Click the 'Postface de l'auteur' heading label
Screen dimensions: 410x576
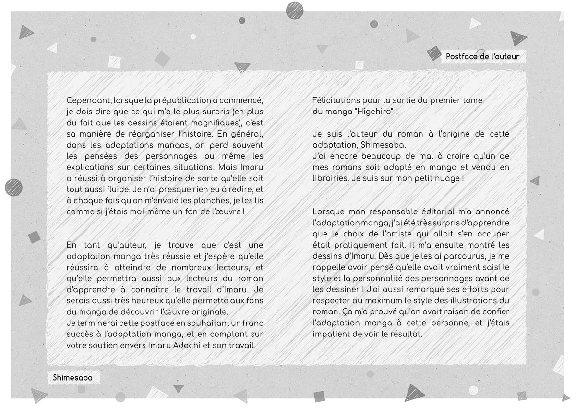[x=482, y=57]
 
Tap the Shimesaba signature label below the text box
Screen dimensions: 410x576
[x=72, y=378]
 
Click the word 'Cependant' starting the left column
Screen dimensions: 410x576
[x=88, y=101]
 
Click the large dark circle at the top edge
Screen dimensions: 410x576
[x=294, y=10]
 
